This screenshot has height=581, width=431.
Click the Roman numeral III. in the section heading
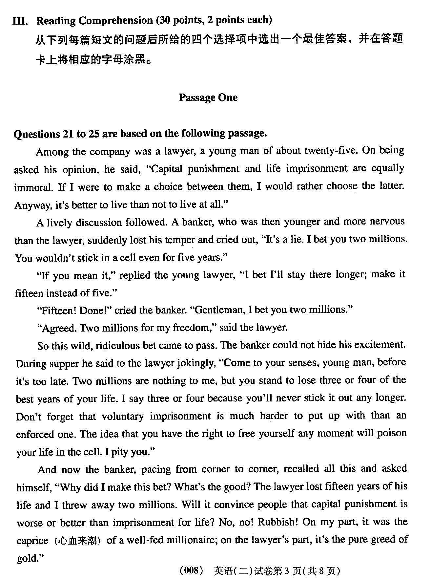tap(20, 21)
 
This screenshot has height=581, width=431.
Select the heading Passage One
tap(208, 97)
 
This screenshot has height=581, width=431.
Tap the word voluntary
tap(123, 417)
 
